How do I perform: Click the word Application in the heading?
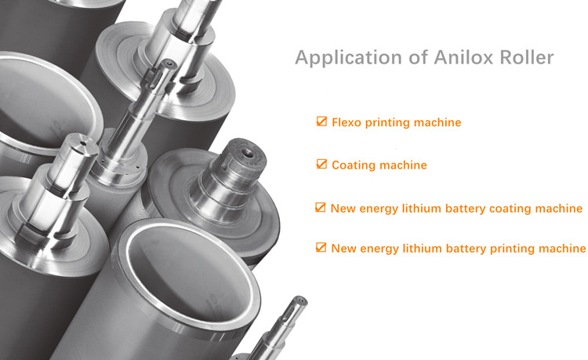[x=349, y=58]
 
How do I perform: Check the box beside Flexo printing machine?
[x=321, y=121]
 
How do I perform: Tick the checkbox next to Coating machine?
[x=321, y=164]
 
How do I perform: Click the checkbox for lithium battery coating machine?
[x=320, y=207]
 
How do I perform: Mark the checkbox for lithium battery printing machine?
[x=321, y=247]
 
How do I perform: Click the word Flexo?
[x=346, y=122]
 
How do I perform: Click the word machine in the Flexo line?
[x=437, y=122]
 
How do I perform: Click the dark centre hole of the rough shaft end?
[x=247, y=153]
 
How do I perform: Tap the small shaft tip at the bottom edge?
[x=299, y=300]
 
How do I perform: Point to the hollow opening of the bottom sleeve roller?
[x=190, y=273]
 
